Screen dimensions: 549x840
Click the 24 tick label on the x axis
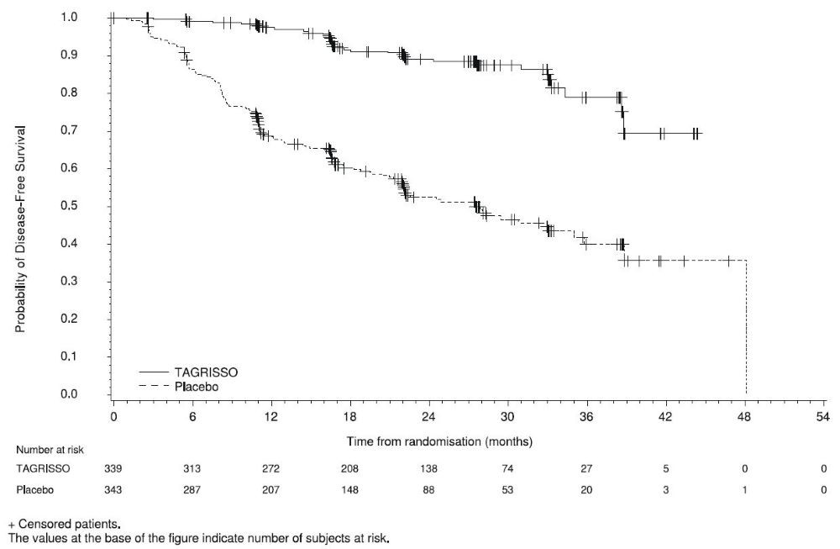point(428,416)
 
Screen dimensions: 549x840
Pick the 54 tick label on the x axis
point(822,416)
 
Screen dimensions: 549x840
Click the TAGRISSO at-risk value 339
point(113,467)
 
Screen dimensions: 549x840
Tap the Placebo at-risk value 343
point(113,488)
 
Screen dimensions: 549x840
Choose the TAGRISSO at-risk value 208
point(349,467)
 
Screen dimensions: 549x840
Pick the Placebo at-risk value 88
point(428,488)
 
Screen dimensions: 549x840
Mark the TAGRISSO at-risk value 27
point(586,467)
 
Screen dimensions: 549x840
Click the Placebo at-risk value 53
point(507,488)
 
